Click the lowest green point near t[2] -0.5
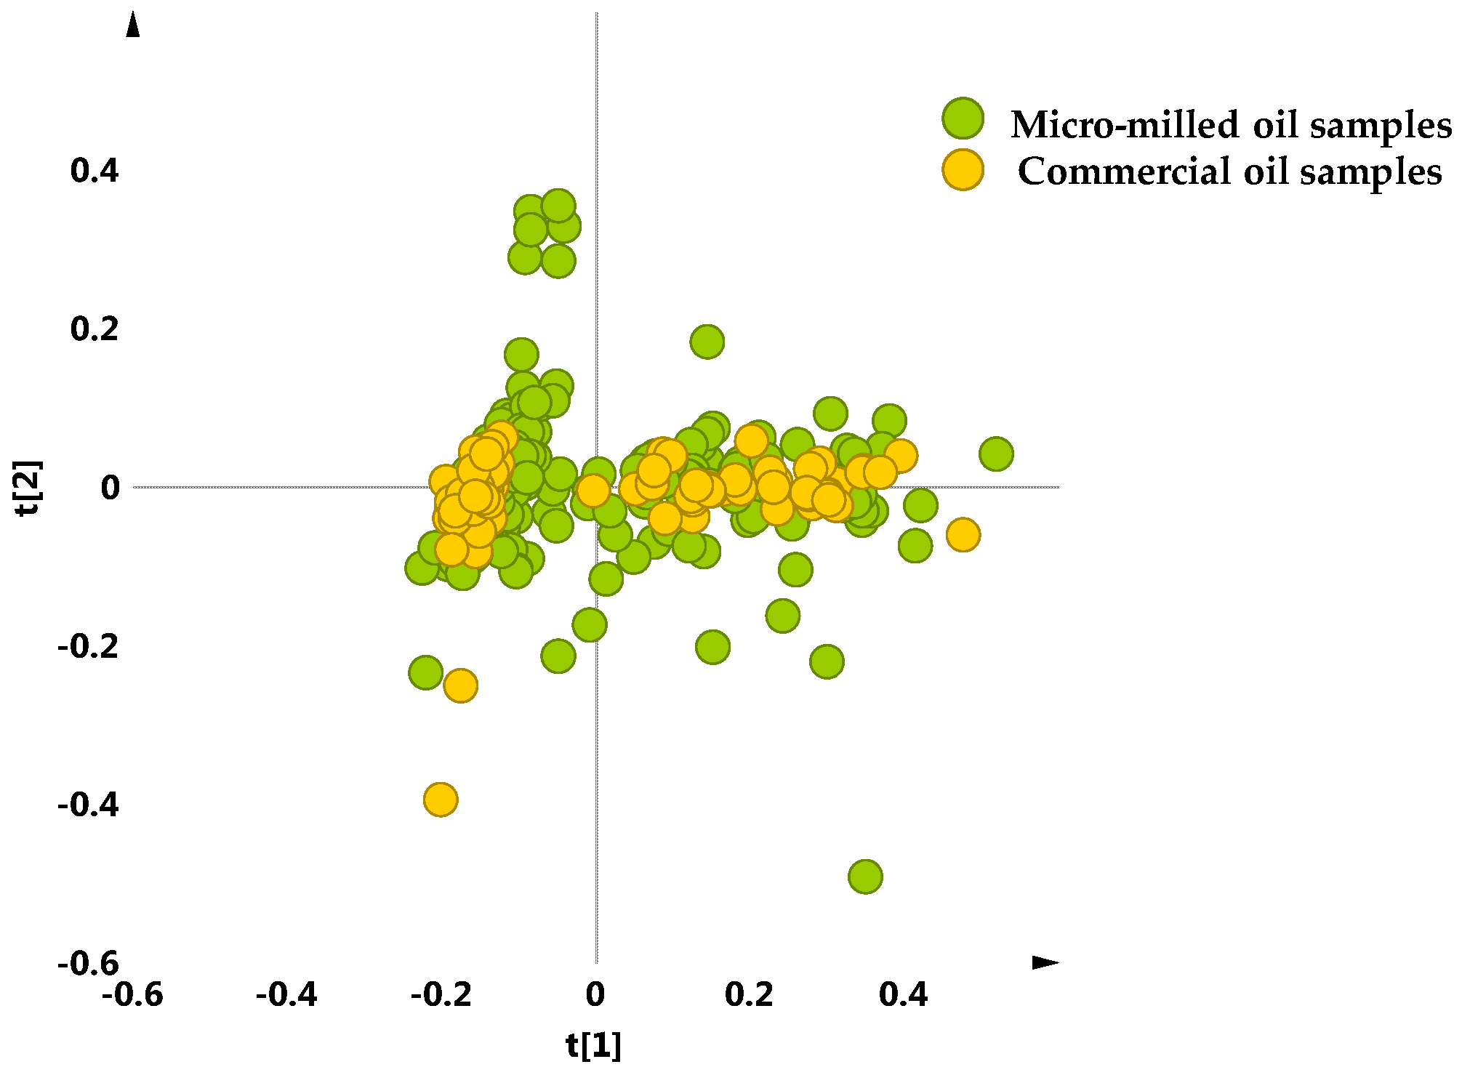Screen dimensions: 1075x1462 click(x=865, y=876)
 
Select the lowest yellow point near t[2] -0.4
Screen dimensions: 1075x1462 click(x=440, y=800)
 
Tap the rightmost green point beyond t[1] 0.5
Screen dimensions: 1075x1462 click(x=996, y=454)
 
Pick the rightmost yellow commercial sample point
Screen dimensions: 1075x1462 click(x=963, y=535)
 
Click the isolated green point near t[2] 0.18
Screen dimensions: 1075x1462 click(x=707, y=341)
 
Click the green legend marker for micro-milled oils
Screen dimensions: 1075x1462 click(x=963, y=118)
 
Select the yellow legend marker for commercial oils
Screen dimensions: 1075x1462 click(x=963, y=170)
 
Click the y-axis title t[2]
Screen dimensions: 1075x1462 click(x=31, y=488)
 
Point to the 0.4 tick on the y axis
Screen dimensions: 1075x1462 click(x=94, y=171)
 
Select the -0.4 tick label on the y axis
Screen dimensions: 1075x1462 click(x=88, y=805)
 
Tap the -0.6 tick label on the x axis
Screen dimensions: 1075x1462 click(x=132, y=994)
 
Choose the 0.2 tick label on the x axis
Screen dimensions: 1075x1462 click(x=749, y=994)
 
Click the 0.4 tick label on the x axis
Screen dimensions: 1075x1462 click(x=903, y=994)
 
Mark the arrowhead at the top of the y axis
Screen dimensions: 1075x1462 click(x=132, y=25)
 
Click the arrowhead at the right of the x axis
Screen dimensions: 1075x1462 click(x=1045, y=962)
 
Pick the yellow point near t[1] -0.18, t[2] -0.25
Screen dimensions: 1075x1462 click(x=459, y=685)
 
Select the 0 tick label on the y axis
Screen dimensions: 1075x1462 click(x=110, y=488)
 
